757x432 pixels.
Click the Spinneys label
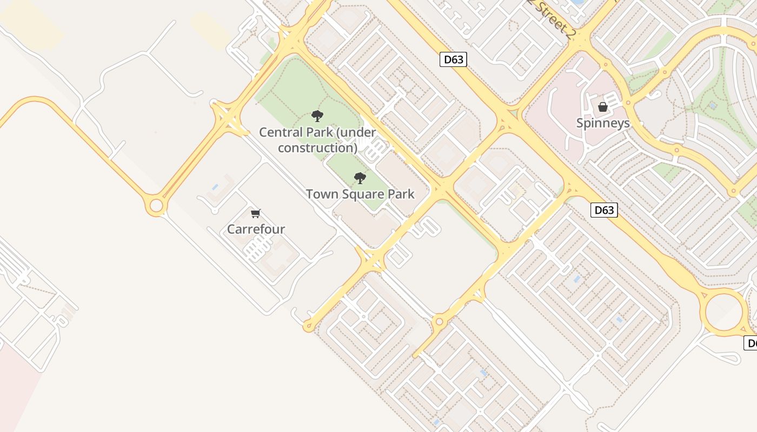(603, 123)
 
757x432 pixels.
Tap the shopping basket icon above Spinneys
(603, 107)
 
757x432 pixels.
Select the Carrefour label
(256, 229)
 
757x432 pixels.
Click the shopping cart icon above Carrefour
(256, 213)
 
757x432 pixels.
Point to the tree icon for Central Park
(317, 116)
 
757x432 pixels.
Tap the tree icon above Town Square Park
(360, 178)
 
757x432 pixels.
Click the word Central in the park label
(278, 132)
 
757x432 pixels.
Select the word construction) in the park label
(317, 148)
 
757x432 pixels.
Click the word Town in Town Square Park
(320, 194)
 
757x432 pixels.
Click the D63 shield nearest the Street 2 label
(453, 59)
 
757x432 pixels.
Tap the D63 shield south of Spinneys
(603, 210)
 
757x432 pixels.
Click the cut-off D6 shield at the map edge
(751, 343)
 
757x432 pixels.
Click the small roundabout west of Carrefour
(156, 206)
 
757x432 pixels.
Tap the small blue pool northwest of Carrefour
(215, 187)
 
